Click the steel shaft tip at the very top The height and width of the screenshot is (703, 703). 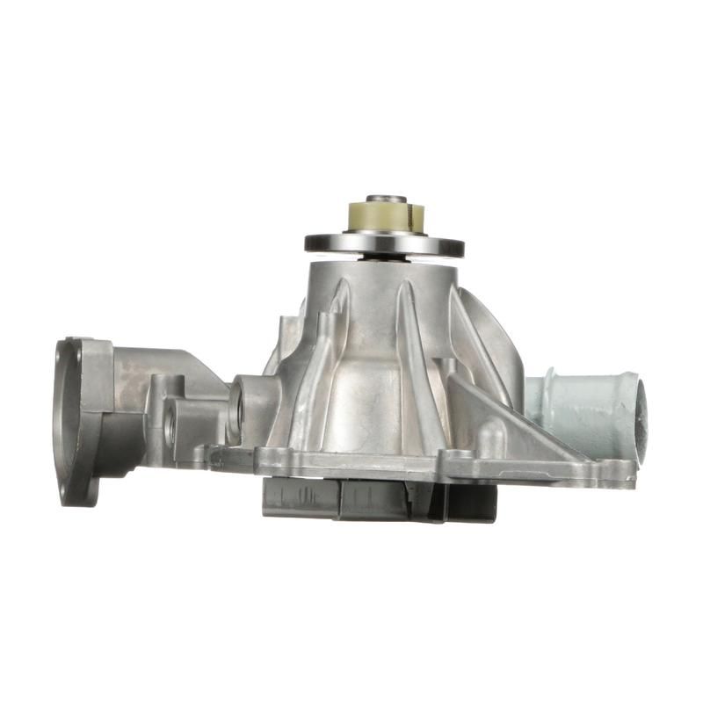[386, 199]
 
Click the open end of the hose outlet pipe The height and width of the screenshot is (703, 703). [638, 412]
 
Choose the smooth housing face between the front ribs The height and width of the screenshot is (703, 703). [369, 387]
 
